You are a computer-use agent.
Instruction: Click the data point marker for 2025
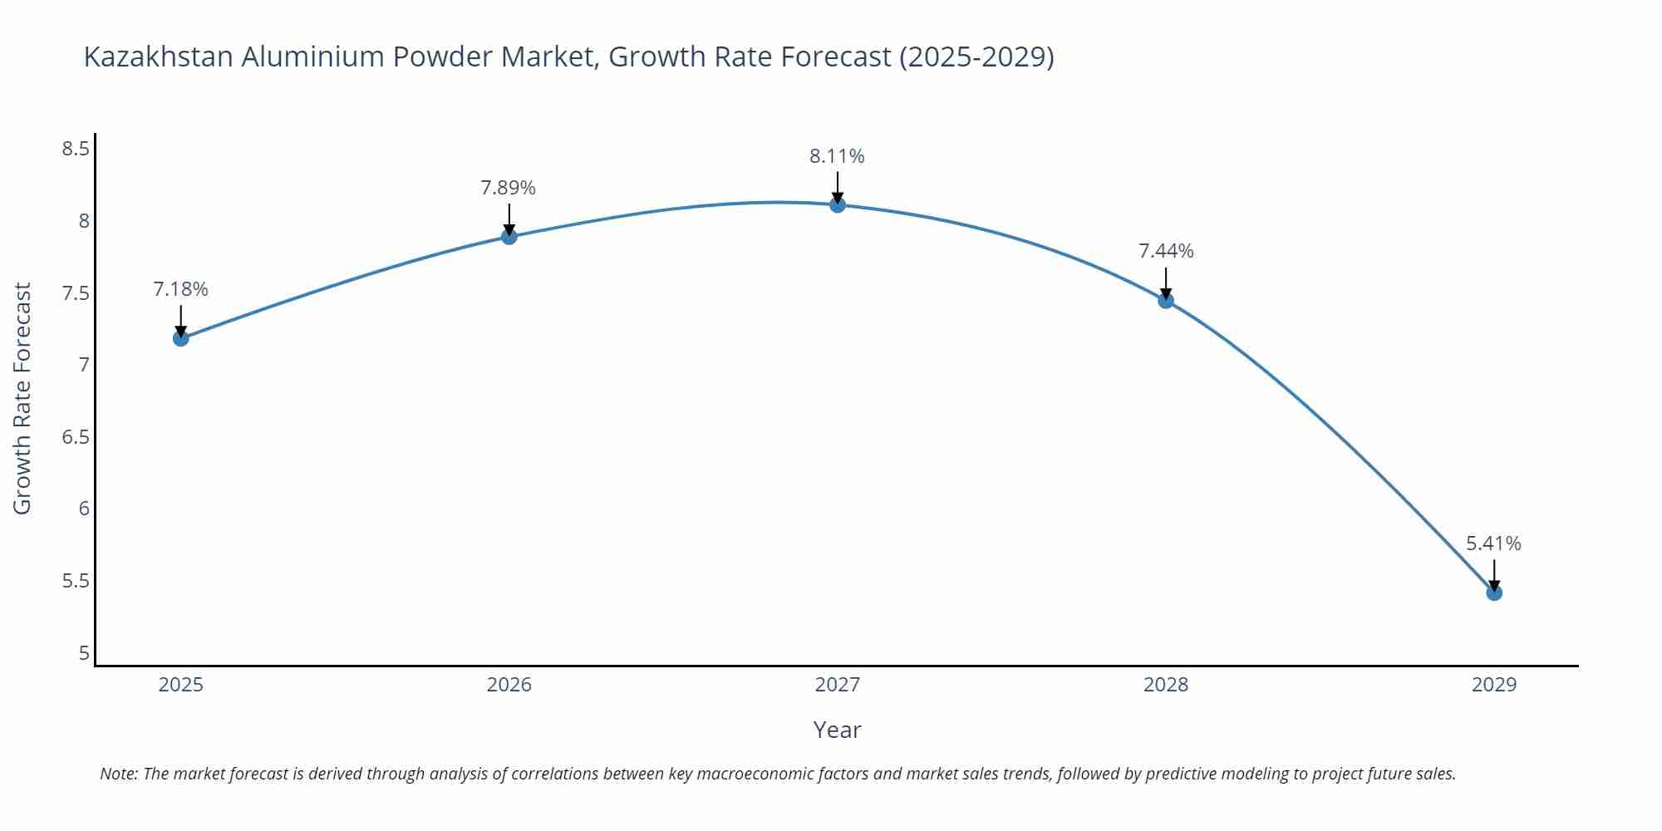click(x=180, y=338)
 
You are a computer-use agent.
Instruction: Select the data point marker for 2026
click(x=509, y=237)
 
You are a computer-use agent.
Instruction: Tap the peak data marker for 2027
click(x=837, y=204)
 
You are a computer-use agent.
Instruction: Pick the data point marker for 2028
click(x=1165, y=301)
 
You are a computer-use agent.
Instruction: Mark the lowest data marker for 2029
click(x=1493, y=593)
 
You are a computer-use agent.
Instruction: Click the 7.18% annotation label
click(x=180, y=289)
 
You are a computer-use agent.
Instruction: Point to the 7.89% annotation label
click(x=508, y=188)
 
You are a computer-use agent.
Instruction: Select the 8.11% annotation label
click(x=837, y=156)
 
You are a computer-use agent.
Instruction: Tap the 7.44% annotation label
click(x=1165, y=251)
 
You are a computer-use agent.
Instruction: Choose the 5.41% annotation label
click(x=1493, y=543)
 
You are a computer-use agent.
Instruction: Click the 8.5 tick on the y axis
click(x=76, y=149)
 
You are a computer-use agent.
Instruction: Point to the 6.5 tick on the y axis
click(x=76, y=437)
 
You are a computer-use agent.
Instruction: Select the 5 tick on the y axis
click(x=84, y=653)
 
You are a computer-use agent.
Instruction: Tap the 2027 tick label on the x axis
click(x=837, y=685)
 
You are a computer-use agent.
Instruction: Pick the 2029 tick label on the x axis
click(x=1493, y=685)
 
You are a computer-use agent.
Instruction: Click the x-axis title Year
click(x=837, y=730)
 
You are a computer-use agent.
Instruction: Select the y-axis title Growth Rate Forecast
click(x=22, y=399)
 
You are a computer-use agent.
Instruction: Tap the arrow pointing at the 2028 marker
click(x=1165, y=283)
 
